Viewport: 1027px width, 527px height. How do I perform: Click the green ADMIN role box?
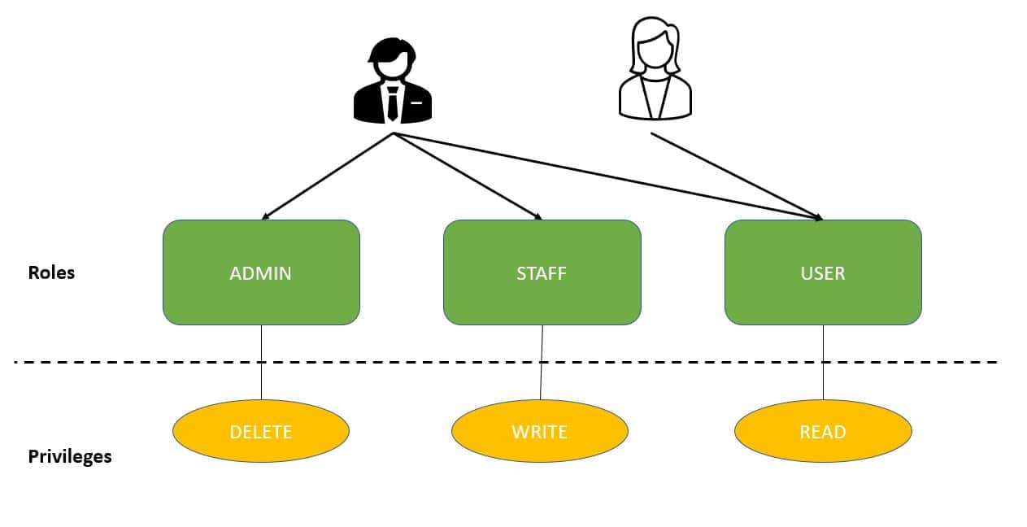click(x=261, y=272)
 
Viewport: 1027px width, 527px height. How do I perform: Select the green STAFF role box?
click(x=542, y=272)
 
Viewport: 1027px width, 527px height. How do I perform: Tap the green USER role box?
click(x=823, y=272)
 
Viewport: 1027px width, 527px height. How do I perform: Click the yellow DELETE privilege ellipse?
click(x=261, y=431)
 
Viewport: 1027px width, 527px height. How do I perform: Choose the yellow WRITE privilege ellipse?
click(x=539, y=431)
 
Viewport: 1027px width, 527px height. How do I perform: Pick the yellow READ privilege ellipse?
click(x=823, y=431)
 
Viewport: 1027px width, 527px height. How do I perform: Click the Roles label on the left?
click(x=51, y=272)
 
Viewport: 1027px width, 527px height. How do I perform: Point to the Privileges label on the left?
click(x=70, y=456)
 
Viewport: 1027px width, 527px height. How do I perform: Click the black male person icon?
click(x=393, y=81)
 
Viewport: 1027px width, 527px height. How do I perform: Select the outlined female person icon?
click(x=655, y=72)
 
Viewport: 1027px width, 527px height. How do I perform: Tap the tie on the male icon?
click(x=393, y=103)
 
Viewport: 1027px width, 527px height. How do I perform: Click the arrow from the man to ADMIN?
click(x=327, y=176)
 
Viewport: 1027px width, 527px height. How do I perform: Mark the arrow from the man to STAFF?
click(x=468, y=176)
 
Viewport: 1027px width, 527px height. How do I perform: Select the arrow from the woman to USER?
click(x=736, y=176)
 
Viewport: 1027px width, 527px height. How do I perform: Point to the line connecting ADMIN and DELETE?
click(x=261, y=362)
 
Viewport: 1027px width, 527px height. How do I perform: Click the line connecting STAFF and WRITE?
click(x=542, y=362)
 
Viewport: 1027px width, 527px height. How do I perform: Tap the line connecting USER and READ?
click(x=823, y=362)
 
